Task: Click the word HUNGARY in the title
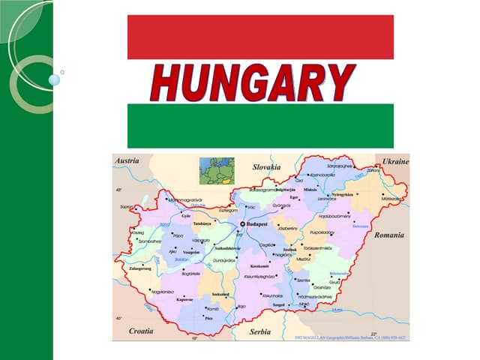[252, 82]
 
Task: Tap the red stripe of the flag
[260, 37]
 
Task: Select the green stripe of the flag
[260, 125]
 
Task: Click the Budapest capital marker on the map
[242, 224]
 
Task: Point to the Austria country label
[127, 161]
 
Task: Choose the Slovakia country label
[266, 166]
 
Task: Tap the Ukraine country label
[395, 161]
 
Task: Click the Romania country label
[389, 235]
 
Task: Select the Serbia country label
[261, 331]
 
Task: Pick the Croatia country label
[140, 330]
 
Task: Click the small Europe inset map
[216, 170]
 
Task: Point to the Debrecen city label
[361, 226]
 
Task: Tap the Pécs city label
[208, 318]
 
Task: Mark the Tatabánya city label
[202, 223]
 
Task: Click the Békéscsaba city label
[339, 274]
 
